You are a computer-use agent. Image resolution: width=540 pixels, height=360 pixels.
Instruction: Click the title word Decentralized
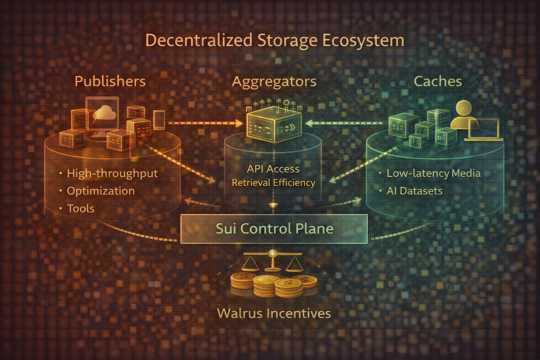click(199, 40)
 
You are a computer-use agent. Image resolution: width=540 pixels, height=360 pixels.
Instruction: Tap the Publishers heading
click(110, 82)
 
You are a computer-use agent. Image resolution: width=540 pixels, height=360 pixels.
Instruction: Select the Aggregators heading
click(274, 82)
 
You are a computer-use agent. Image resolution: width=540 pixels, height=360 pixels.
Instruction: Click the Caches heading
click(438, 82)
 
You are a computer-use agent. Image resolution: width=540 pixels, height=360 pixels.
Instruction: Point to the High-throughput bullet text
click(112, 173)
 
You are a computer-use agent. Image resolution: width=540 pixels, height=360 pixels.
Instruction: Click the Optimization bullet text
click(101, 191)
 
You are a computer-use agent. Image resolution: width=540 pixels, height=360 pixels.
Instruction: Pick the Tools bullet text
click(81, 208)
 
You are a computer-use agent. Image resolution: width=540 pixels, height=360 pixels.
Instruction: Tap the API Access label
click(273, 169)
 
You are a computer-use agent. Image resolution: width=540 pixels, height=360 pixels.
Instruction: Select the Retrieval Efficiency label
click(273, 183)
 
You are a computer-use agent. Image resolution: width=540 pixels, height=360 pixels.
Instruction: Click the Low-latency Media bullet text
click(433, 173)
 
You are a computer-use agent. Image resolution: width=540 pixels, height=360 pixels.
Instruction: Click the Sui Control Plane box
click(274, 229)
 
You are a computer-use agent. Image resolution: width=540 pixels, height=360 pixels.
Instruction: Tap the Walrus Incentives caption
click(274, 313)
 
